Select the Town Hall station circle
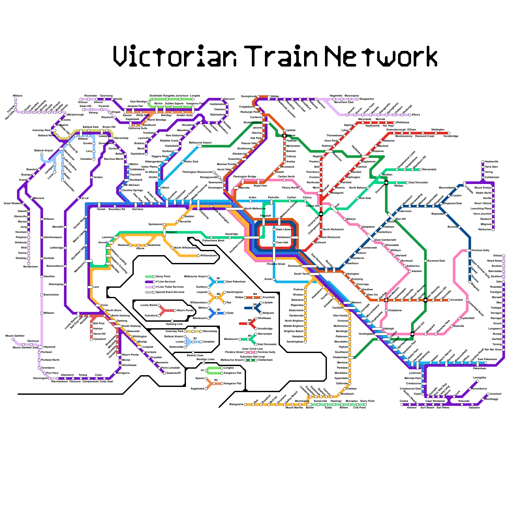click(274, 242)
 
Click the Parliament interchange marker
click(295, 237)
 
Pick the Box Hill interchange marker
click(391, 216)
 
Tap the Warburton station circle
click(493, 229)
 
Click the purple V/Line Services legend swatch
click(149, 282)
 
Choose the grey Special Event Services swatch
click(149, 292)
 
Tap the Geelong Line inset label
click(174, 324)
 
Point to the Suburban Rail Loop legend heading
click(251, 357)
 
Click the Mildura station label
click(18, 96)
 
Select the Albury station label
click(416, 115)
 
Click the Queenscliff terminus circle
click(164, 373)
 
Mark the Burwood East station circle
click(425, 261)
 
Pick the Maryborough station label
click(76, 115)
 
